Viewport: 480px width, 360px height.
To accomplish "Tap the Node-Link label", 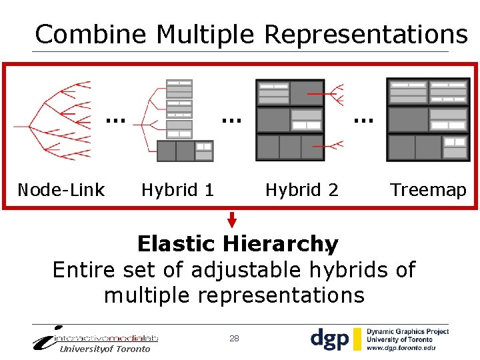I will click(61, 190).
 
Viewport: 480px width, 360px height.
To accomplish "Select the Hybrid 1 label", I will click(177, 190).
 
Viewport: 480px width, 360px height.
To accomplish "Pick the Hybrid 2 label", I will click(301, 190).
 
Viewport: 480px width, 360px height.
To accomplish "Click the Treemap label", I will click(428, 190).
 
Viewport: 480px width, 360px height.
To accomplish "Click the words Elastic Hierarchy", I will click(237, 244).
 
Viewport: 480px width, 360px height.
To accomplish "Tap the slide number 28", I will click(234, 339).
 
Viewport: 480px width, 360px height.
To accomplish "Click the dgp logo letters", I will click(329, 339).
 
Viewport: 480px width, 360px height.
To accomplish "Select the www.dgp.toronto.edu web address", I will click(401, 348).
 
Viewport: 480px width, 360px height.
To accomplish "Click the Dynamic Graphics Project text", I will click(407, 331).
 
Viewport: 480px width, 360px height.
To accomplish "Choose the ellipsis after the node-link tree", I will click(115, 121).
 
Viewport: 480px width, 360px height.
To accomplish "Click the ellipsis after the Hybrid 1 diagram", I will click(231, 121).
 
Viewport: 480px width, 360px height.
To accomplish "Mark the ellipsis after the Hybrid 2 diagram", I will click(363, 121).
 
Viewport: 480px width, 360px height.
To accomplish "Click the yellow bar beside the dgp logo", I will click(358, 339).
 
